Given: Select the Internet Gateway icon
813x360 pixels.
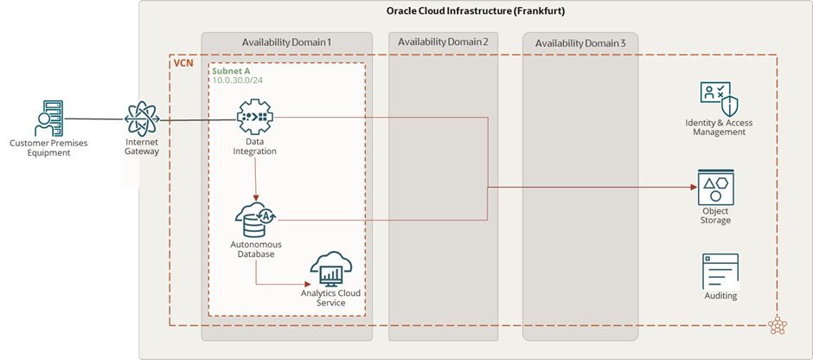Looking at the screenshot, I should click(x=142, y=119).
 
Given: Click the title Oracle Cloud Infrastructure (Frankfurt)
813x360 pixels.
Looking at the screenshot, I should click(x=476, y=10).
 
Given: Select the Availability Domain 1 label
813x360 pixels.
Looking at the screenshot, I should click(x=286, y=42).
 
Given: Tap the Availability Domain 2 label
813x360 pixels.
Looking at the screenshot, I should click(x=444, y=42).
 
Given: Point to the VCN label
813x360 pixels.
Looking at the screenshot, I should click(x=183, y=64).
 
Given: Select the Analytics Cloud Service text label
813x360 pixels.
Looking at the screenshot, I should click(x=330, y=298).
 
